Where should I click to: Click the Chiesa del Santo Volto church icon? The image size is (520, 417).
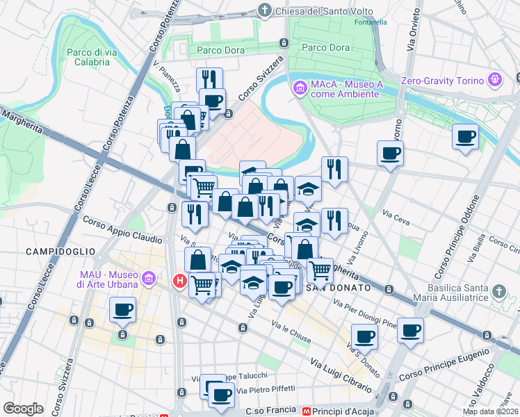[265, 11]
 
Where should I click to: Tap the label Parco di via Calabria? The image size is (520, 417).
[88, 57]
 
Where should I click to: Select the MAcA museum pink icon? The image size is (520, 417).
[300, 88]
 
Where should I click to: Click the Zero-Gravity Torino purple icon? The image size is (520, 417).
[495, 80]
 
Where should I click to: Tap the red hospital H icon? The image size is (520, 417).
[179, 281]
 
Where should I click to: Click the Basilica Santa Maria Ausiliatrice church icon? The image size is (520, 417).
[498, 291]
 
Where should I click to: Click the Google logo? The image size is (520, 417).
[23, 409]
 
